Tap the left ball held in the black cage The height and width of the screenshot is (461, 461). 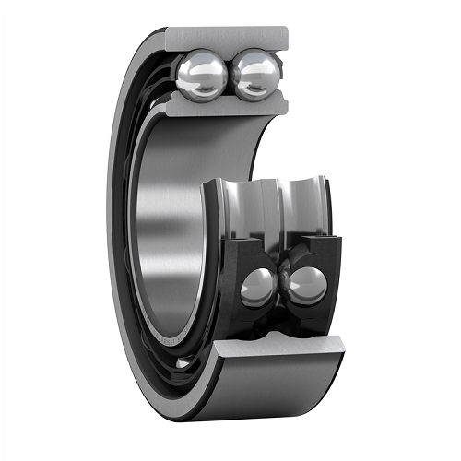point(258,288)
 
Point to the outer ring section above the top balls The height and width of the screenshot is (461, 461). point(227,38)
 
